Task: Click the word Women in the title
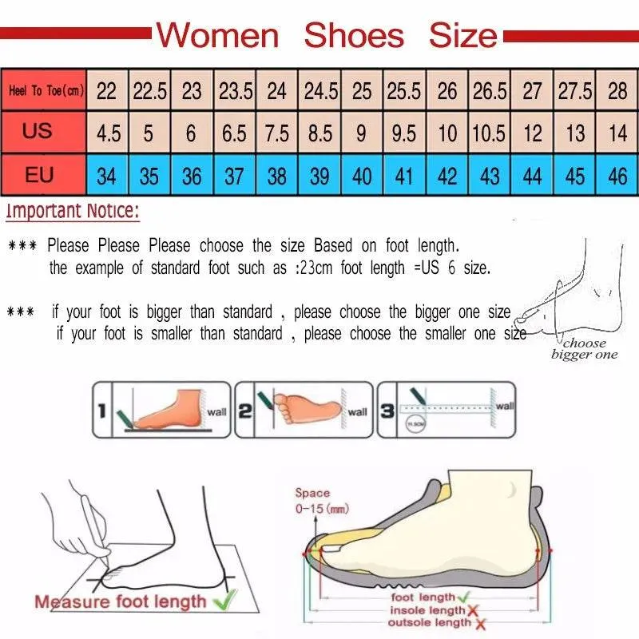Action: [x=217, y=35]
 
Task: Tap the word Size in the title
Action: [x=462, y=35]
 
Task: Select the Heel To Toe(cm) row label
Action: [x=46, y=91]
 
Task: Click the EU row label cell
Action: [x=38, y=174]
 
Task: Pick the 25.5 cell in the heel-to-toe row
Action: [x=404, y=91]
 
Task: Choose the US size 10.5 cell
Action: [x=488, y=133]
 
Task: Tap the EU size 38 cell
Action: [x=276, y=175]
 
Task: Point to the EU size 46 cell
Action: [x=617, y=175]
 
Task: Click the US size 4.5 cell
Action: [x=108, y=133]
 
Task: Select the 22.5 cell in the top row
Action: [x=149, y=91]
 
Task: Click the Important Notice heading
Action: [x=73, y=212]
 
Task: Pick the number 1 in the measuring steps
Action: [x=101, y=411]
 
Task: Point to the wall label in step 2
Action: [x=357, y=412]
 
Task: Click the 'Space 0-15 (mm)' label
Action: [x=312, y=500]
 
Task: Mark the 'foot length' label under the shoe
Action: [x=423, y=597]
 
